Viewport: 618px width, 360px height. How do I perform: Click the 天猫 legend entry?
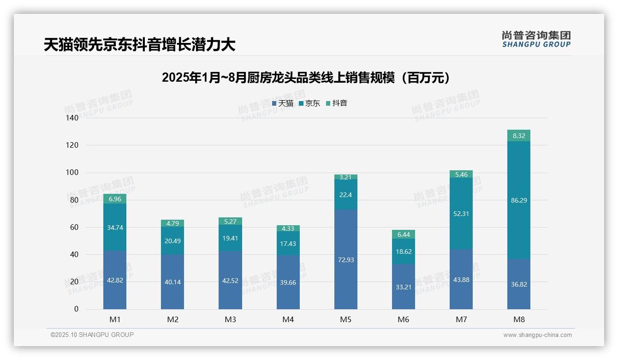pos(282,103)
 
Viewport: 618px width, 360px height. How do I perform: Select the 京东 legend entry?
pos(309,103)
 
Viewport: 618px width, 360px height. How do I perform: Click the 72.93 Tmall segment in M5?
pos(345,259)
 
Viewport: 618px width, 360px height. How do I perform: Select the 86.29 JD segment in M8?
pos(518,200)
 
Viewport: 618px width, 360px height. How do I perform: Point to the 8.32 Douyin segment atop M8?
pos(518,136)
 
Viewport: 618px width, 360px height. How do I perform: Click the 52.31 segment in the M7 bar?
pos(461,214)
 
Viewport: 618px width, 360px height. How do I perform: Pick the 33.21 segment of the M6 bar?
pos(403,287)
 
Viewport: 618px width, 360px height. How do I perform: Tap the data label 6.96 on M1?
pos(115,199)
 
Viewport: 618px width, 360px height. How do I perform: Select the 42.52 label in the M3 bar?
pos(230,280)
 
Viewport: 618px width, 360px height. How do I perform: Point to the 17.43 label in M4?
pos(288,244)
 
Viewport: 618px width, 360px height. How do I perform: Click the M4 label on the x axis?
pos(288,319)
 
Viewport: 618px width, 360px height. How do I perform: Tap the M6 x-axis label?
pos(403,319)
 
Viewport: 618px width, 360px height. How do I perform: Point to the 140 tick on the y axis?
pos(73,118)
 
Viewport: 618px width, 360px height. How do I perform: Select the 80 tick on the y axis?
pos(74,200)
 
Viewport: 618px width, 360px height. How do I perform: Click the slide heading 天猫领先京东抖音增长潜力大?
pos(139,45)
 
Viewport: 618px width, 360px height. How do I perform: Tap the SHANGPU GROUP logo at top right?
pos(536,39)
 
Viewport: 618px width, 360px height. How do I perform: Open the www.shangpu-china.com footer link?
pos(537,335)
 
